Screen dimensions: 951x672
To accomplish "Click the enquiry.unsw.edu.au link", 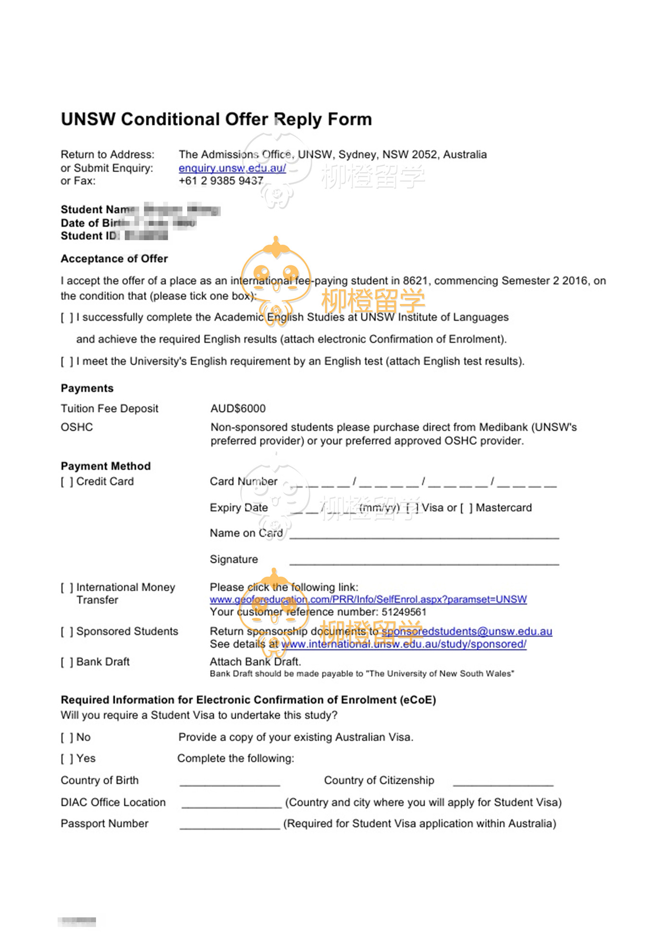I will (x=232, y=168).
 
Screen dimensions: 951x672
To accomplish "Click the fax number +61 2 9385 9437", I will (x=221, y=181).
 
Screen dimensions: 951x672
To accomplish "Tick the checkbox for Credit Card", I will (x=67, y=482).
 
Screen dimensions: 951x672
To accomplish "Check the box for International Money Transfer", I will (x=67, y=587).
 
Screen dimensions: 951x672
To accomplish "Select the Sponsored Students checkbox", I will (x=67, y=632).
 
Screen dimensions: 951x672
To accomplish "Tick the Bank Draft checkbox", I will (x=67, y=662).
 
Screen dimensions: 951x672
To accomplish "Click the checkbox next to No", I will (x=67, y=737).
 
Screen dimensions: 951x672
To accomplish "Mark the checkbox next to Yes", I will (x=67, y=759).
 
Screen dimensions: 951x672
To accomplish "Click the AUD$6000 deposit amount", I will (x=238, y=409).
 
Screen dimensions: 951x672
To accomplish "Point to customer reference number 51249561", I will (x=404, y=612).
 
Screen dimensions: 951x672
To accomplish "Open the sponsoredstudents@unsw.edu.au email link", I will (x=467, y=632).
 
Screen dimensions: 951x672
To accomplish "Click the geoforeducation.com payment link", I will (x=368, y=599).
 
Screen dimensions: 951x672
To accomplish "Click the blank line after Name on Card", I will (x=424, y=536).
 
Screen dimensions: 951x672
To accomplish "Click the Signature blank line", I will (x=424, y=561).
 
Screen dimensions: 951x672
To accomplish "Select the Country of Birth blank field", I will (x=230, y=782).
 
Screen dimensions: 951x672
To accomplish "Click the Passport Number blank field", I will (x=230, y=826).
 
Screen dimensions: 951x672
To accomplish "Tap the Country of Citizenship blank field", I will (x=503, y=782).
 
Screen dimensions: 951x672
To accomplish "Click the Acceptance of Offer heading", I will (x=114, y=259).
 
